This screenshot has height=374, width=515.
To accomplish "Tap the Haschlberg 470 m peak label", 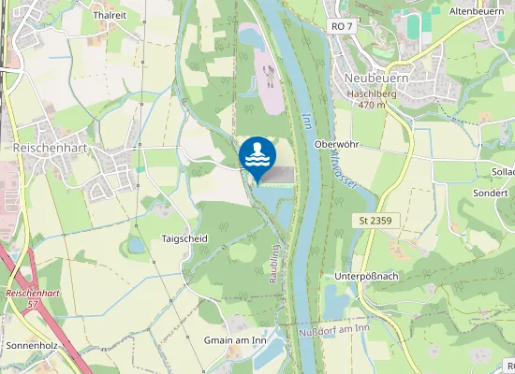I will [x=373, y=99].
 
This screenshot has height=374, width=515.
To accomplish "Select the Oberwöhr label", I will [x=338, y=144].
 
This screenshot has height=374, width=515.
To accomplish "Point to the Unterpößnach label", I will [x=366, y=277].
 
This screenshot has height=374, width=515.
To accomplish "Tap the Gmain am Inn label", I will [x=235, y=340].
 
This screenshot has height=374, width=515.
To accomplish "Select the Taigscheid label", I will [x=184, y=238].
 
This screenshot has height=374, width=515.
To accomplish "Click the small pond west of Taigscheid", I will [x=137, y=245].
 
